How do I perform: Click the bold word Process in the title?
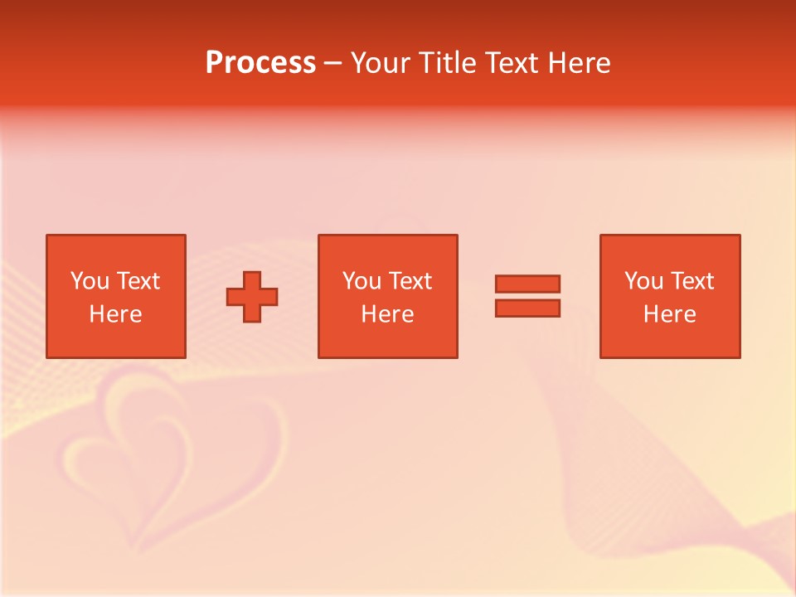coord(260,63)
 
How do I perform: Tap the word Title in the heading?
coord(448,63)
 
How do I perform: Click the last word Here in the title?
coord(580,63)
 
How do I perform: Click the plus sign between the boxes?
coord(252,297)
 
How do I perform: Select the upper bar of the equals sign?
coord(527,284)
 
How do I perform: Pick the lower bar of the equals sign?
coord(527,308)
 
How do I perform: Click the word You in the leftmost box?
coord(90,281)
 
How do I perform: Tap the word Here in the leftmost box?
coord(115,314)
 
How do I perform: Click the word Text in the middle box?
coord(410,281)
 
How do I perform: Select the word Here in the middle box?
coord(387,314)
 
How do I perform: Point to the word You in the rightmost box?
coord(643,281)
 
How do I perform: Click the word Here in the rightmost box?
coord(669,314)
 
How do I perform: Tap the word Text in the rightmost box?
coord(692,281)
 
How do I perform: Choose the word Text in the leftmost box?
coord(138,281)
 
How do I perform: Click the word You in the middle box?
coord(362,281)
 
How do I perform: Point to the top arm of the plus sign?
coord(252,279)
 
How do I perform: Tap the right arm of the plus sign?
coord(269,297)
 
